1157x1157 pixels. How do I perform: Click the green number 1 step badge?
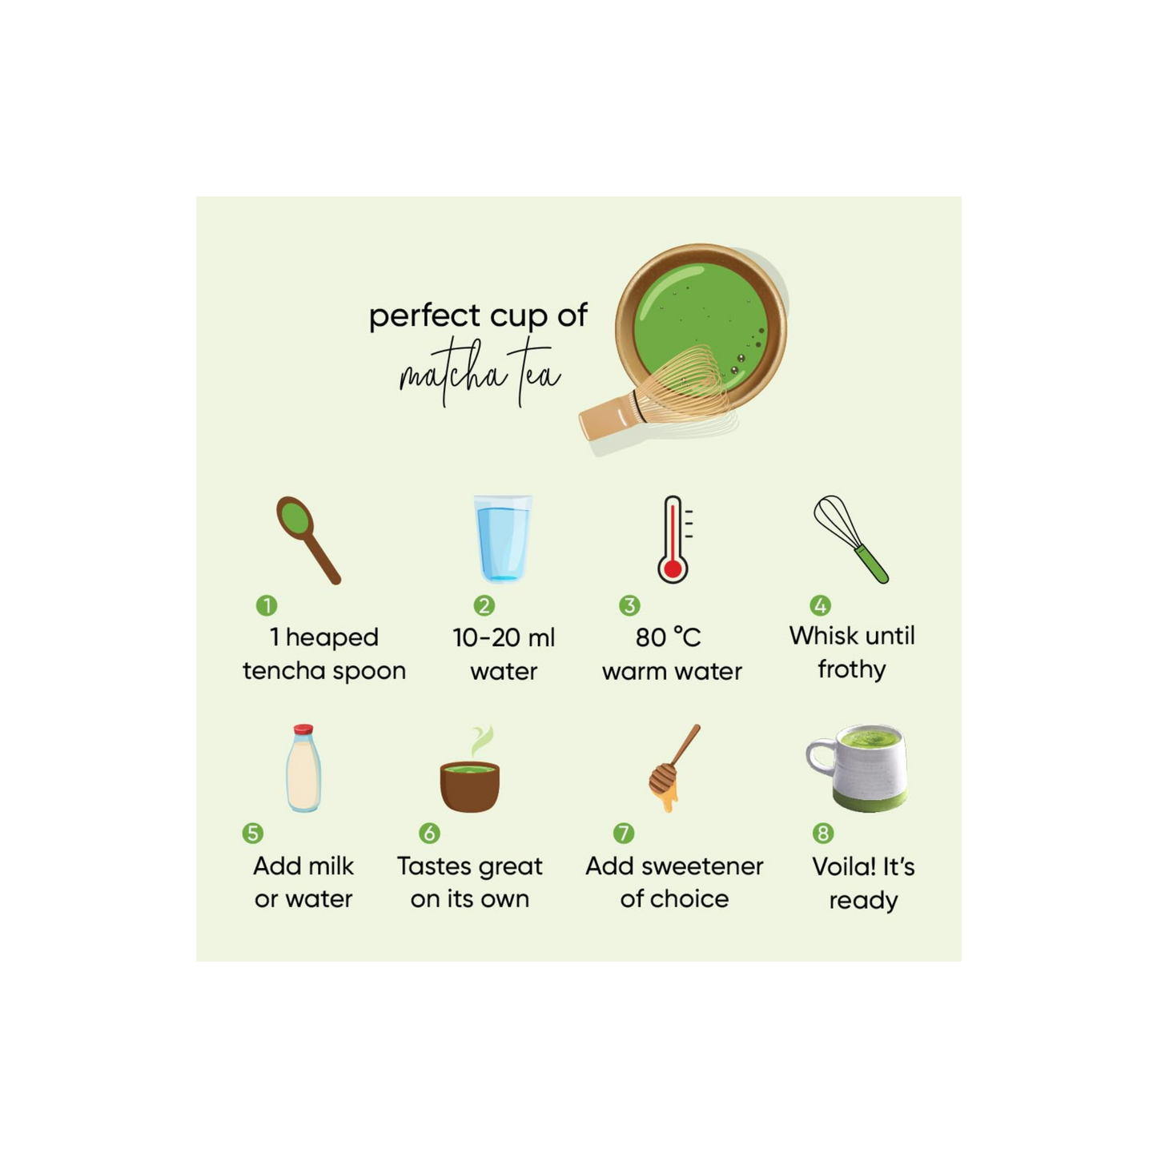pyautogui.click(x=267, y=605)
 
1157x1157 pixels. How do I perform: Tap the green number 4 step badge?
pyautogui.click(x=820, y=605)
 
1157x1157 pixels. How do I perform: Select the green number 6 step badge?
pyautogui.click(x=429, y=833)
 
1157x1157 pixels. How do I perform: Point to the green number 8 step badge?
pyautogui.click(x=822, y=833)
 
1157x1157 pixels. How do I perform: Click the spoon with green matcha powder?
pyautogui.click(x=307, y=539)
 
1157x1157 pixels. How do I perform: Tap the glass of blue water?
pyautogui.click(x=503, y=539)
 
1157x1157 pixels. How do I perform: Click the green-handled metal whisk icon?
pyautogui.click(x=851, y=539)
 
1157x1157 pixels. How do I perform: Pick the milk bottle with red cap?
pyautogui.click(x=303, y=768)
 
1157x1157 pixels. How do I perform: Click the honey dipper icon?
pyautogui.click(x=673, y=768)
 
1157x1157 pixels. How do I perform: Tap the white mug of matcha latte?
pyautogui.click(x=856, y=768)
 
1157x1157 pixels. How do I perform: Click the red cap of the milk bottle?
pyautogui.click(x=303, y=729)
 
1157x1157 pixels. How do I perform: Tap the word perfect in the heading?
pyautogui.click(x=425, y=316)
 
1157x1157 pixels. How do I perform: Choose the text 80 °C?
pyautogui.click(x=669, y=637)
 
